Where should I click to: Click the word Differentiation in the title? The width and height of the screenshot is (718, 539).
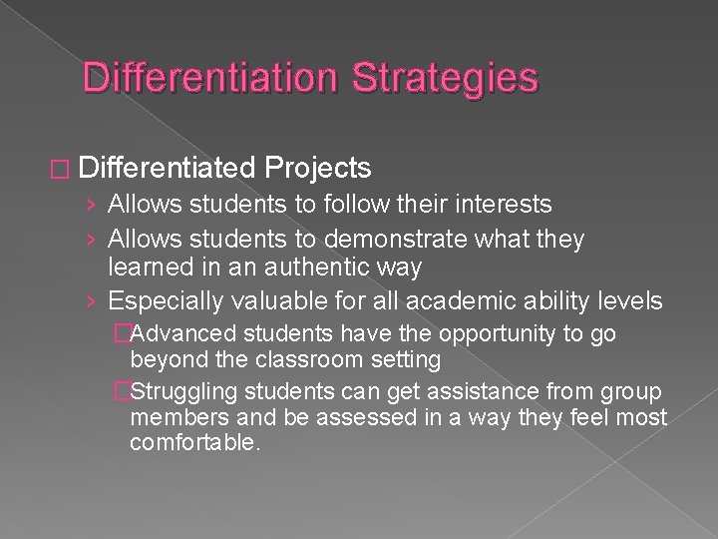coord(213,78)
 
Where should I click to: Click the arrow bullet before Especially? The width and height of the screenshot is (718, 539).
coord(92,301)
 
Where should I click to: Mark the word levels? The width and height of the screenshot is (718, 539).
coord(626,301)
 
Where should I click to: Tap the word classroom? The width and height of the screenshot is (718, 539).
coord(288,358)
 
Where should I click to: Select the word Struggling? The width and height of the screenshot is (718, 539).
coord(187,389)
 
